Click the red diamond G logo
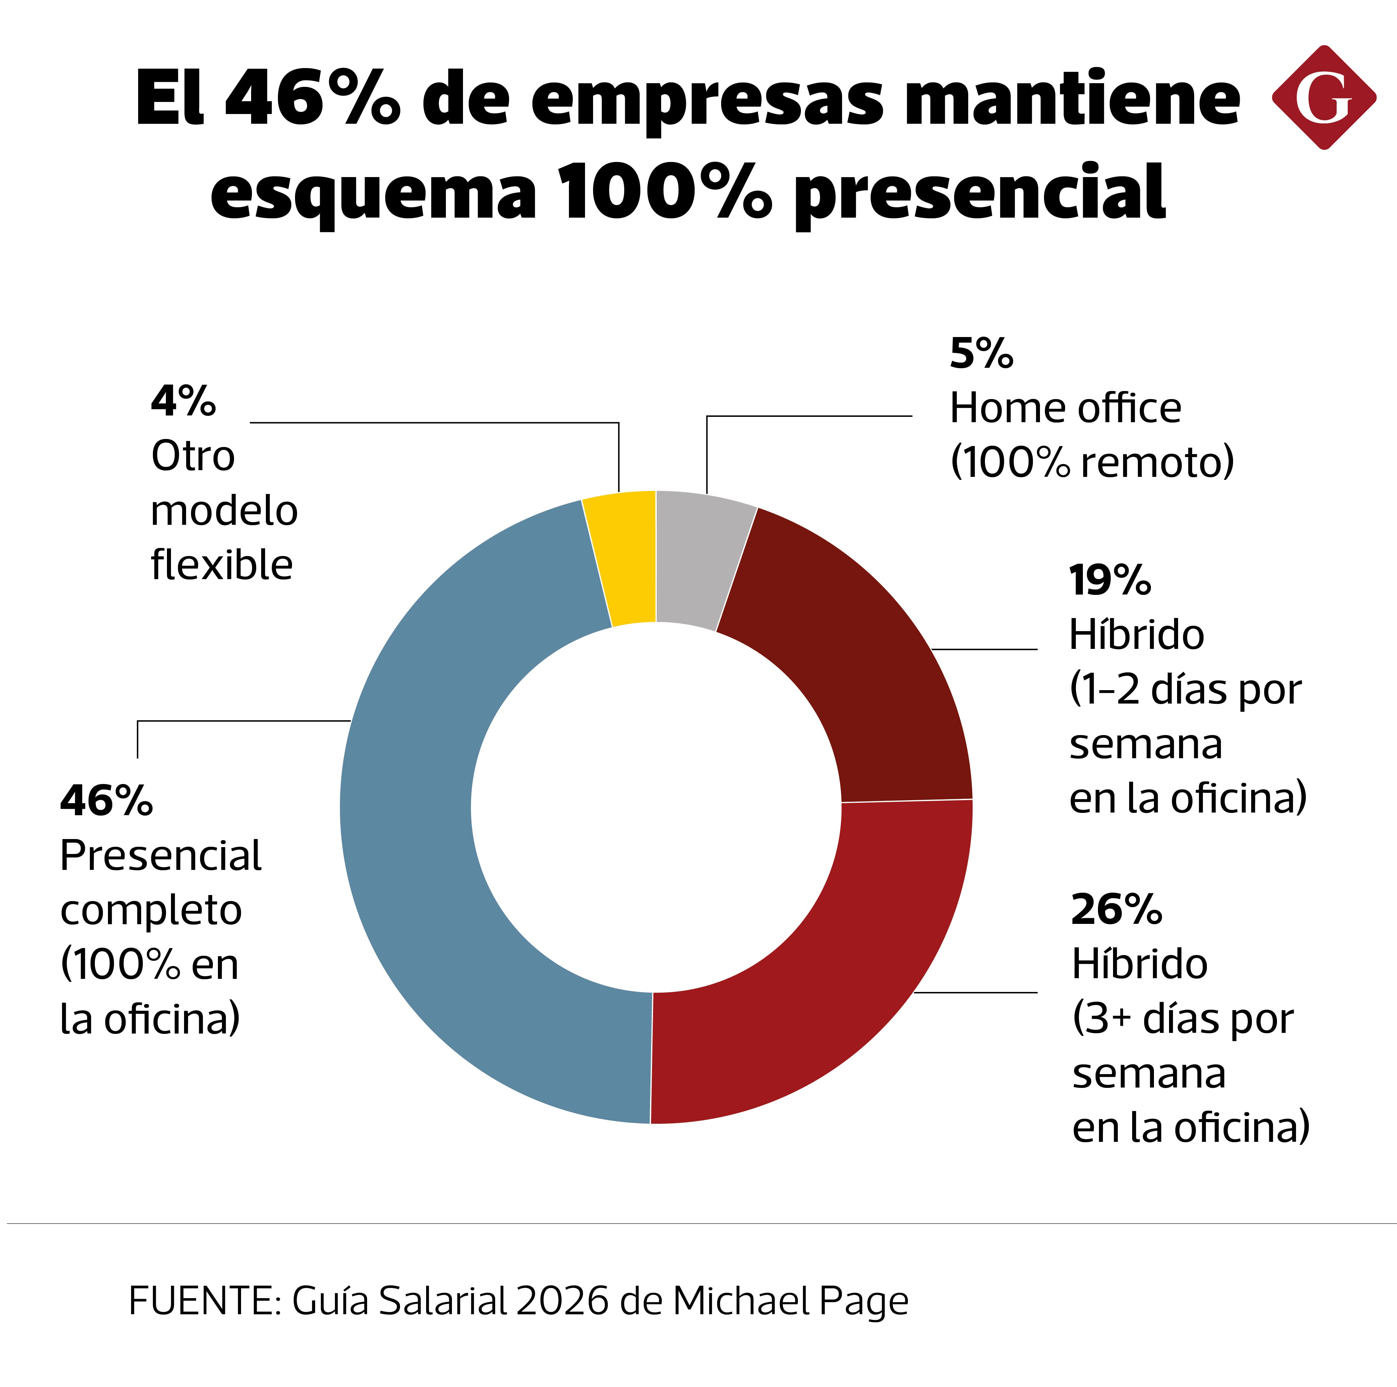1323,98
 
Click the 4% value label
183,401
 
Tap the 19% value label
1109,581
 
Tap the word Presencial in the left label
161,856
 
